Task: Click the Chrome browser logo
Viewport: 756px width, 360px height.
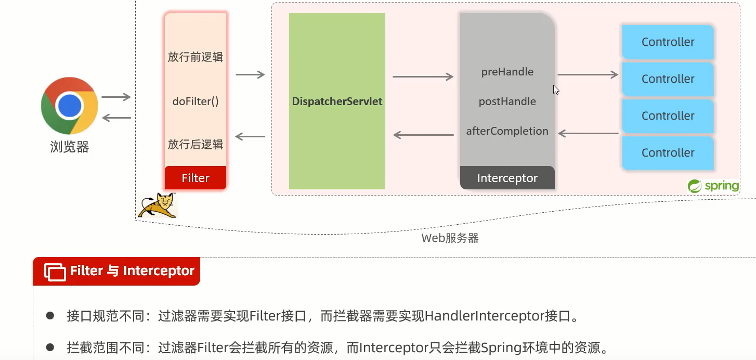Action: [70, 106]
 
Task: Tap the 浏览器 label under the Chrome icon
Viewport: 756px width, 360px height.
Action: [70, 147]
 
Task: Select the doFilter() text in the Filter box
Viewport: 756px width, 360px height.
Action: [195, 101]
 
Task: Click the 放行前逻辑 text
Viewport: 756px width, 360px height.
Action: [195, 57]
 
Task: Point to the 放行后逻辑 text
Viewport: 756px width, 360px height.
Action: [195, 144]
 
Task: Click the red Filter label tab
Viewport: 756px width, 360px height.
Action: [195, 178]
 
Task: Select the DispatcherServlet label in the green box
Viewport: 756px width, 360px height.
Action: [337, 101]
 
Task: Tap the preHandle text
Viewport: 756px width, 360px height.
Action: [507, 72]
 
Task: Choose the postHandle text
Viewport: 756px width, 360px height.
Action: [507, 101]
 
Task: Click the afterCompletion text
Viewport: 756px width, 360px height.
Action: [507, 131]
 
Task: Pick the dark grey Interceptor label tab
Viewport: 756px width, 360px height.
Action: [507, 178]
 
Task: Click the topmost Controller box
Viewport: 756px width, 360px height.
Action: [668, 42]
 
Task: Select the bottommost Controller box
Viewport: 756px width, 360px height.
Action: [668, 152]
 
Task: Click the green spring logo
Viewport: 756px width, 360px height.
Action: [713, 186]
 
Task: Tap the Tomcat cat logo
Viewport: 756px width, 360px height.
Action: [157, 205]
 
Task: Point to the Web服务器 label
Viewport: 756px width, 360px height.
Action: [450, 238]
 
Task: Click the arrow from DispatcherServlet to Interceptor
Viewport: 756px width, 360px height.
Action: [423, 77]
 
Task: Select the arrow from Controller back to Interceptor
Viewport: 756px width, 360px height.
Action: [588, 134]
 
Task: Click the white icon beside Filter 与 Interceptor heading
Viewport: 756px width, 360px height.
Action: [55, 272]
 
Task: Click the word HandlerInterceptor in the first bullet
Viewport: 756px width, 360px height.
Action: [484, 316]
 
